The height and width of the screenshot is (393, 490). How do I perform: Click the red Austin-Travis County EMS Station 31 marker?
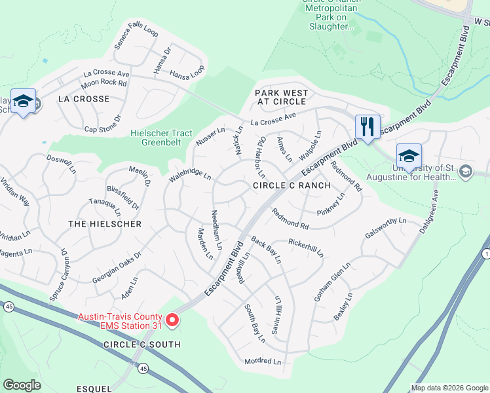tap(172, 320)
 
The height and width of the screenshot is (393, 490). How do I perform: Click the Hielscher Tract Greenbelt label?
tap(161, 138)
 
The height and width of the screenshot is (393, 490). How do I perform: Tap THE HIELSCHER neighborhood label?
tap(105, 224)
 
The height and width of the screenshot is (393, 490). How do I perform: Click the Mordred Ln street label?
tap(262, 362)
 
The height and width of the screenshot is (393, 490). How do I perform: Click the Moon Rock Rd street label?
tap(104, 83)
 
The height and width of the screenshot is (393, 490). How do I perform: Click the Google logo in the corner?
tap(22, 385)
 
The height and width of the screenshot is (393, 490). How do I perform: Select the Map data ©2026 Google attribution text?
tap(449, 388)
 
